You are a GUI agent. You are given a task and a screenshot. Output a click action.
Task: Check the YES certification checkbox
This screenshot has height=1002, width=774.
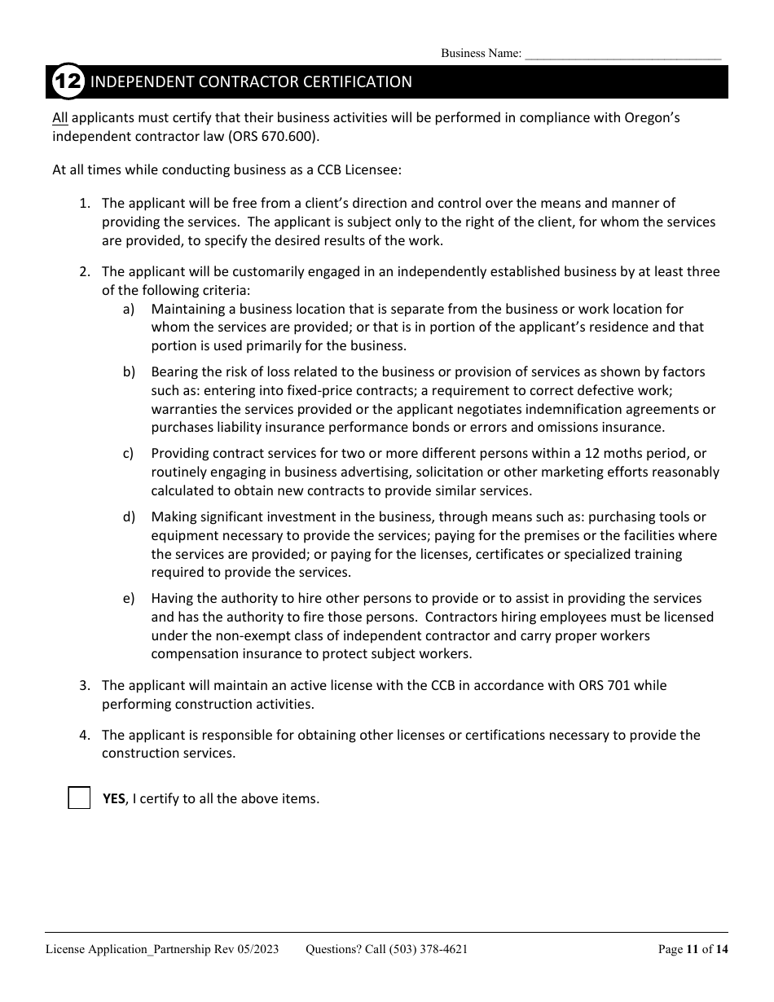click(79, 798)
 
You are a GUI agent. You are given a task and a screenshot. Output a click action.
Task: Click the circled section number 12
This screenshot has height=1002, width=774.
click(68, 82)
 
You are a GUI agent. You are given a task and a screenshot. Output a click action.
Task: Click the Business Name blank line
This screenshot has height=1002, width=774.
click(622, 54)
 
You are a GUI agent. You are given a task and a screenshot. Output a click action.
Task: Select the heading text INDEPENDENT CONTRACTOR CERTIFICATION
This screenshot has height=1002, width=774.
click(251, 82)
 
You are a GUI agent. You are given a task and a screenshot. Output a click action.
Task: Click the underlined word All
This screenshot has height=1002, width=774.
click(60, 117)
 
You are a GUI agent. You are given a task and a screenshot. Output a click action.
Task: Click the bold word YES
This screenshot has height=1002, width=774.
click(113, 798)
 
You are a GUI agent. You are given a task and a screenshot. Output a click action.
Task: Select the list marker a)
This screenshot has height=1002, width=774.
click(129, 309)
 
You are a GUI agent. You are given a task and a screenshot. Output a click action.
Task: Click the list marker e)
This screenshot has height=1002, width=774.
click(129, 598)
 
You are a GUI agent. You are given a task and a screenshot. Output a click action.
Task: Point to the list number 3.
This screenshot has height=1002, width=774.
click(85, 685)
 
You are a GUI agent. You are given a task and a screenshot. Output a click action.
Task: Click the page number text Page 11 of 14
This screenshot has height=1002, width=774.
click(693, 948)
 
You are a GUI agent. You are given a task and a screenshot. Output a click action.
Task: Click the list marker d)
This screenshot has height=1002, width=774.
click(129, 516)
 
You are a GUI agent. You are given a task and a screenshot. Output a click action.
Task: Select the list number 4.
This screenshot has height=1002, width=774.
click(85, 735)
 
